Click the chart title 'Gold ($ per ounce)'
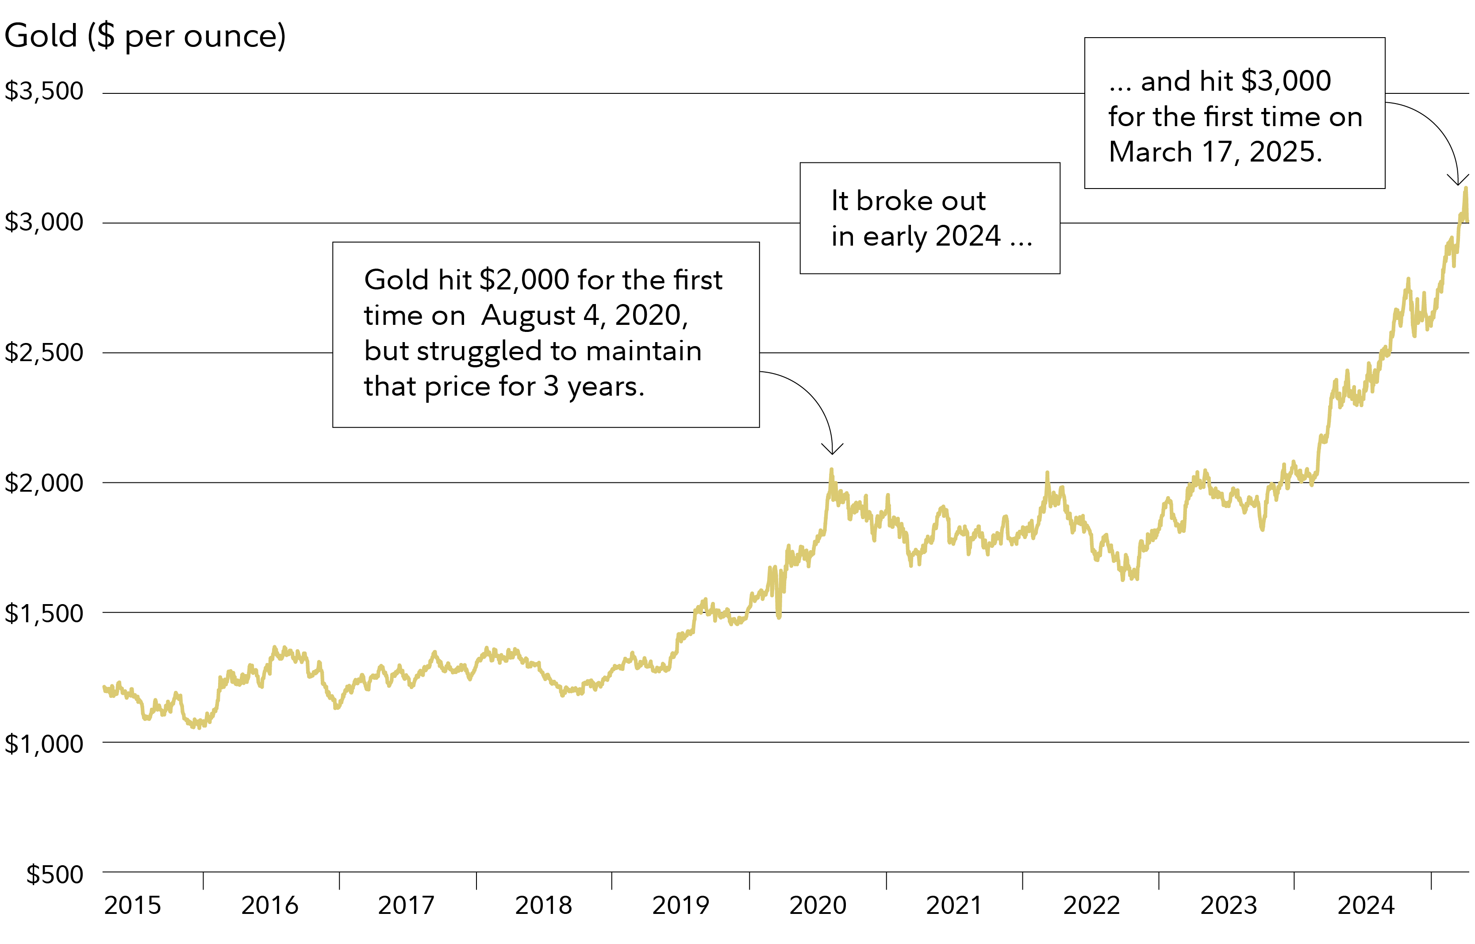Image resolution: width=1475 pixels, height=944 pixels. (145, 35)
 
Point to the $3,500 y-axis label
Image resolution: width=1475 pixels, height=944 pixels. (44, 91)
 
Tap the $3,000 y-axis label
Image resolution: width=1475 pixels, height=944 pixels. (44, 222)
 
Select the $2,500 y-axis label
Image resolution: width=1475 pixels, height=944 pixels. (44, 352)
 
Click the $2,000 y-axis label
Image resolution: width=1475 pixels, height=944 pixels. (44, 483)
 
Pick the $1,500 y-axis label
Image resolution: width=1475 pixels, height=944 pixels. (44, 613)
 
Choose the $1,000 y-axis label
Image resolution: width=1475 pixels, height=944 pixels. (44, 744)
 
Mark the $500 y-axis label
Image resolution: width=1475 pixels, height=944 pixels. (54, 874)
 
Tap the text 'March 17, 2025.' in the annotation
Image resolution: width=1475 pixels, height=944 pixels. (1215, 152)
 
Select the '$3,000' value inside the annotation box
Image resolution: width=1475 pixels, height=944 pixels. (1286, 81)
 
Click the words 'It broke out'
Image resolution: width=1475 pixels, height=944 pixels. (908, 201)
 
